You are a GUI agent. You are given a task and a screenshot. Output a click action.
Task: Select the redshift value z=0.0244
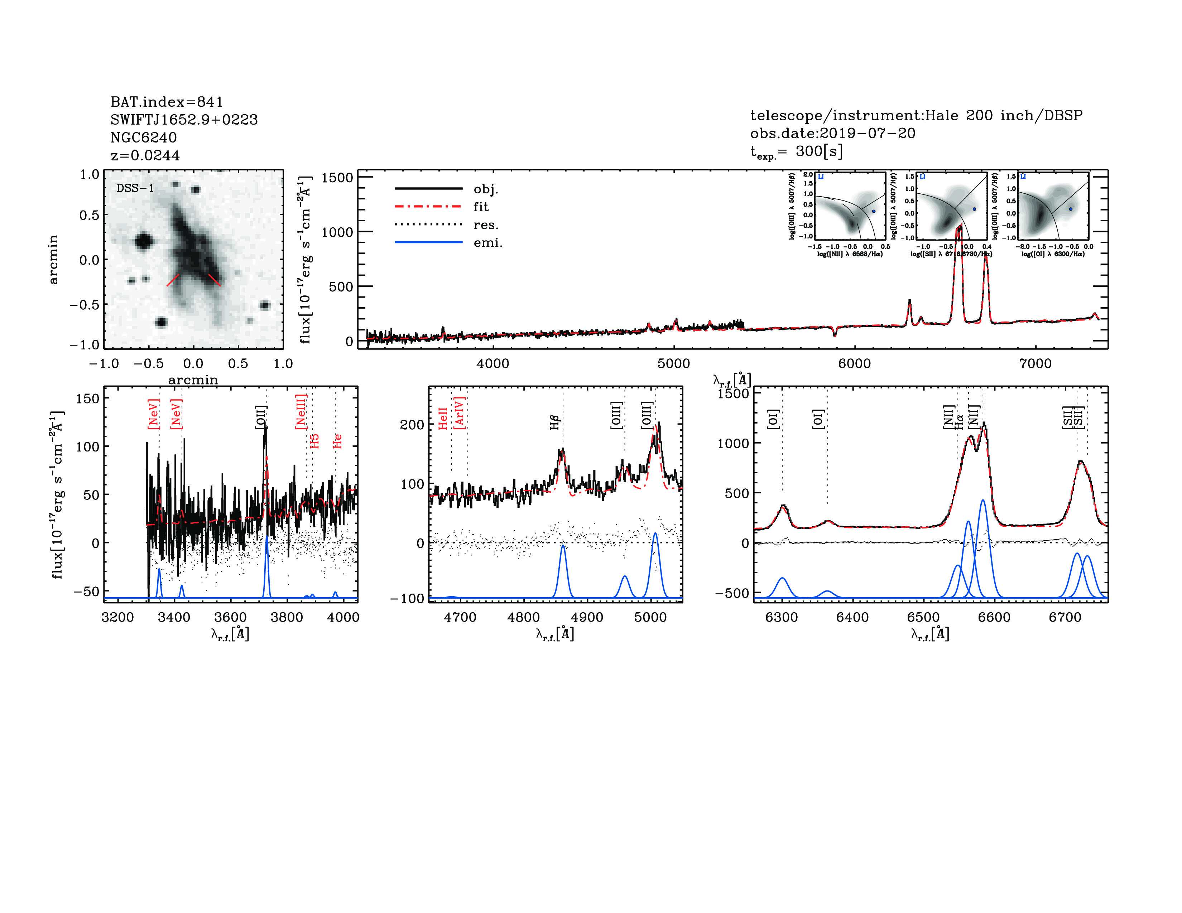click(145, 155)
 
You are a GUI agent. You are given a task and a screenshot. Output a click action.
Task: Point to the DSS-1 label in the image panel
click(135, 188)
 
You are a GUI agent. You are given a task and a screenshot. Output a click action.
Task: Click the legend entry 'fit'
click(481, 207)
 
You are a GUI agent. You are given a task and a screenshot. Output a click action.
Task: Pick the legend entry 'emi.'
click(487, 243)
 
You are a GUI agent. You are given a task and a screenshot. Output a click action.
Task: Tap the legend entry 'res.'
click(485, 225)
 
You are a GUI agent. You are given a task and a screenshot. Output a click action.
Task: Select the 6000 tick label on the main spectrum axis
click(855, 363)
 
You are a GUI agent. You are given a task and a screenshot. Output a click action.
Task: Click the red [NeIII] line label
click(301, 412)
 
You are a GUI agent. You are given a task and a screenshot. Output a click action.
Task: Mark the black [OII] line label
click(261, 417)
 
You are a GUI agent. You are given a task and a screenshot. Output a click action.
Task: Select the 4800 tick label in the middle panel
click(523, 617)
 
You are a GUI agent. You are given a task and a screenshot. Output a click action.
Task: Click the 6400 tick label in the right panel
click(852, 617)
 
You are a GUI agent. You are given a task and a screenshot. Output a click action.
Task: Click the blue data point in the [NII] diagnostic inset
click(873, 212)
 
